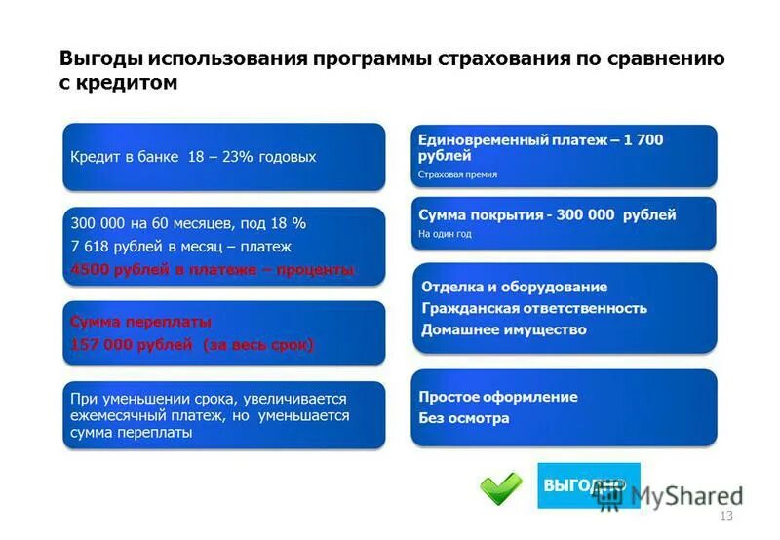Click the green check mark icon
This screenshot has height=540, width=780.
tap(500, 486)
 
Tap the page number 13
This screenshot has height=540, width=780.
tap(724, 516)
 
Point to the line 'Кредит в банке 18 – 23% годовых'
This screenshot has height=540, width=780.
tap(193, 157)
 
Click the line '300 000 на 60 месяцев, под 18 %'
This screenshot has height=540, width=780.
tap(188, 223)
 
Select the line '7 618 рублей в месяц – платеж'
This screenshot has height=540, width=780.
tap(180, 247)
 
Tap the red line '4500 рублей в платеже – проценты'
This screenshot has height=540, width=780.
tap(213, 269)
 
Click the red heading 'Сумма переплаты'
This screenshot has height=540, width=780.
tap(140, 321)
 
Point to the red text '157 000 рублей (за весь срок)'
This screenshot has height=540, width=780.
tap(192, 344)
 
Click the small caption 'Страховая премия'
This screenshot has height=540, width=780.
tap(457, 174)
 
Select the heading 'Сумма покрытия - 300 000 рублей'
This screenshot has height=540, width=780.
tap(546, 214)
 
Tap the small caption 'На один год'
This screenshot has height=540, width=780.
tap(445, 234)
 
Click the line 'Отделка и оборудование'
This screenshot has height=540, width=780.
tap(514, 287)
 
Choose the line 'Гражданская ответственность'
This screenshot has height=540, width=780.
tap(533, 308)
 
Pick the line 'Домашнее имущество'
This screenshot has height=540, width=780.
tap(503, 329)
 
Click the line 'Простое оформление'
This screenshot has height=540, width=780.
tap(497, 397)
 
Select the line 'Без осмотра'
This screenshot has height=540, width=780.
tap(463, 418)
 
